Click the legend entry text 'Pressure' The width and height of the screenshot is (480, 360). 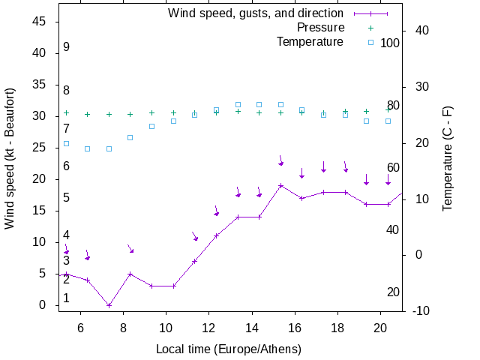point(320,28)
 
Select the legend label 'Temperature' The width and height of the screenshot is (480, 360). point(310,41)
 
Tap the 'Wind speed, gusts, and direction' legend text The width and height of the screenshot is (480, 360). point(256,13)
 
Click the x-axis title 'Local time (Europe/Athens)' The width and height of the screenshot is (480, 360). point(229,349)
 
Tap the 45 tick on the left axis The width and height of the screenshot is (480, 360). point(40,22)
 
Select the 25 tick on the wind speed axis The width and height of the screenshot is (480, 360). point(40,148)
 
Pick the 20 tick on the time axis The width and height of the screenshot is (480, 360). point(380,327)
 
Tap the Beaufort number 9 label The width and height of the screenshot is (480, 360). point(67,47)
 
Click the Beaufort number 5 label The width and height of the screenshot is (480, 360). point(67,198)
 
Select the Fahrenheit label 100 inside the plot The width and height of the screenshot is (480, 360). point(390,43)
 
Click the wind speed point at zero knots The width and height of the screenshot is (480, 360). point(109,305)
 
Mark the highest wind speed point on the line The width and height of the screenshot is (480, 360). point(280,185)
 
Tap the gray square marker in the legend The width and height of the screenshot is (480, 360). point(370,42)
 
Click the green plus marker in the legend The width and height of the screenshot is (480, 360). point(370,28)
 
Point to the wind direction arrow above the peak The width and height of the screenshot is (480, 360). point(281,160)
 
